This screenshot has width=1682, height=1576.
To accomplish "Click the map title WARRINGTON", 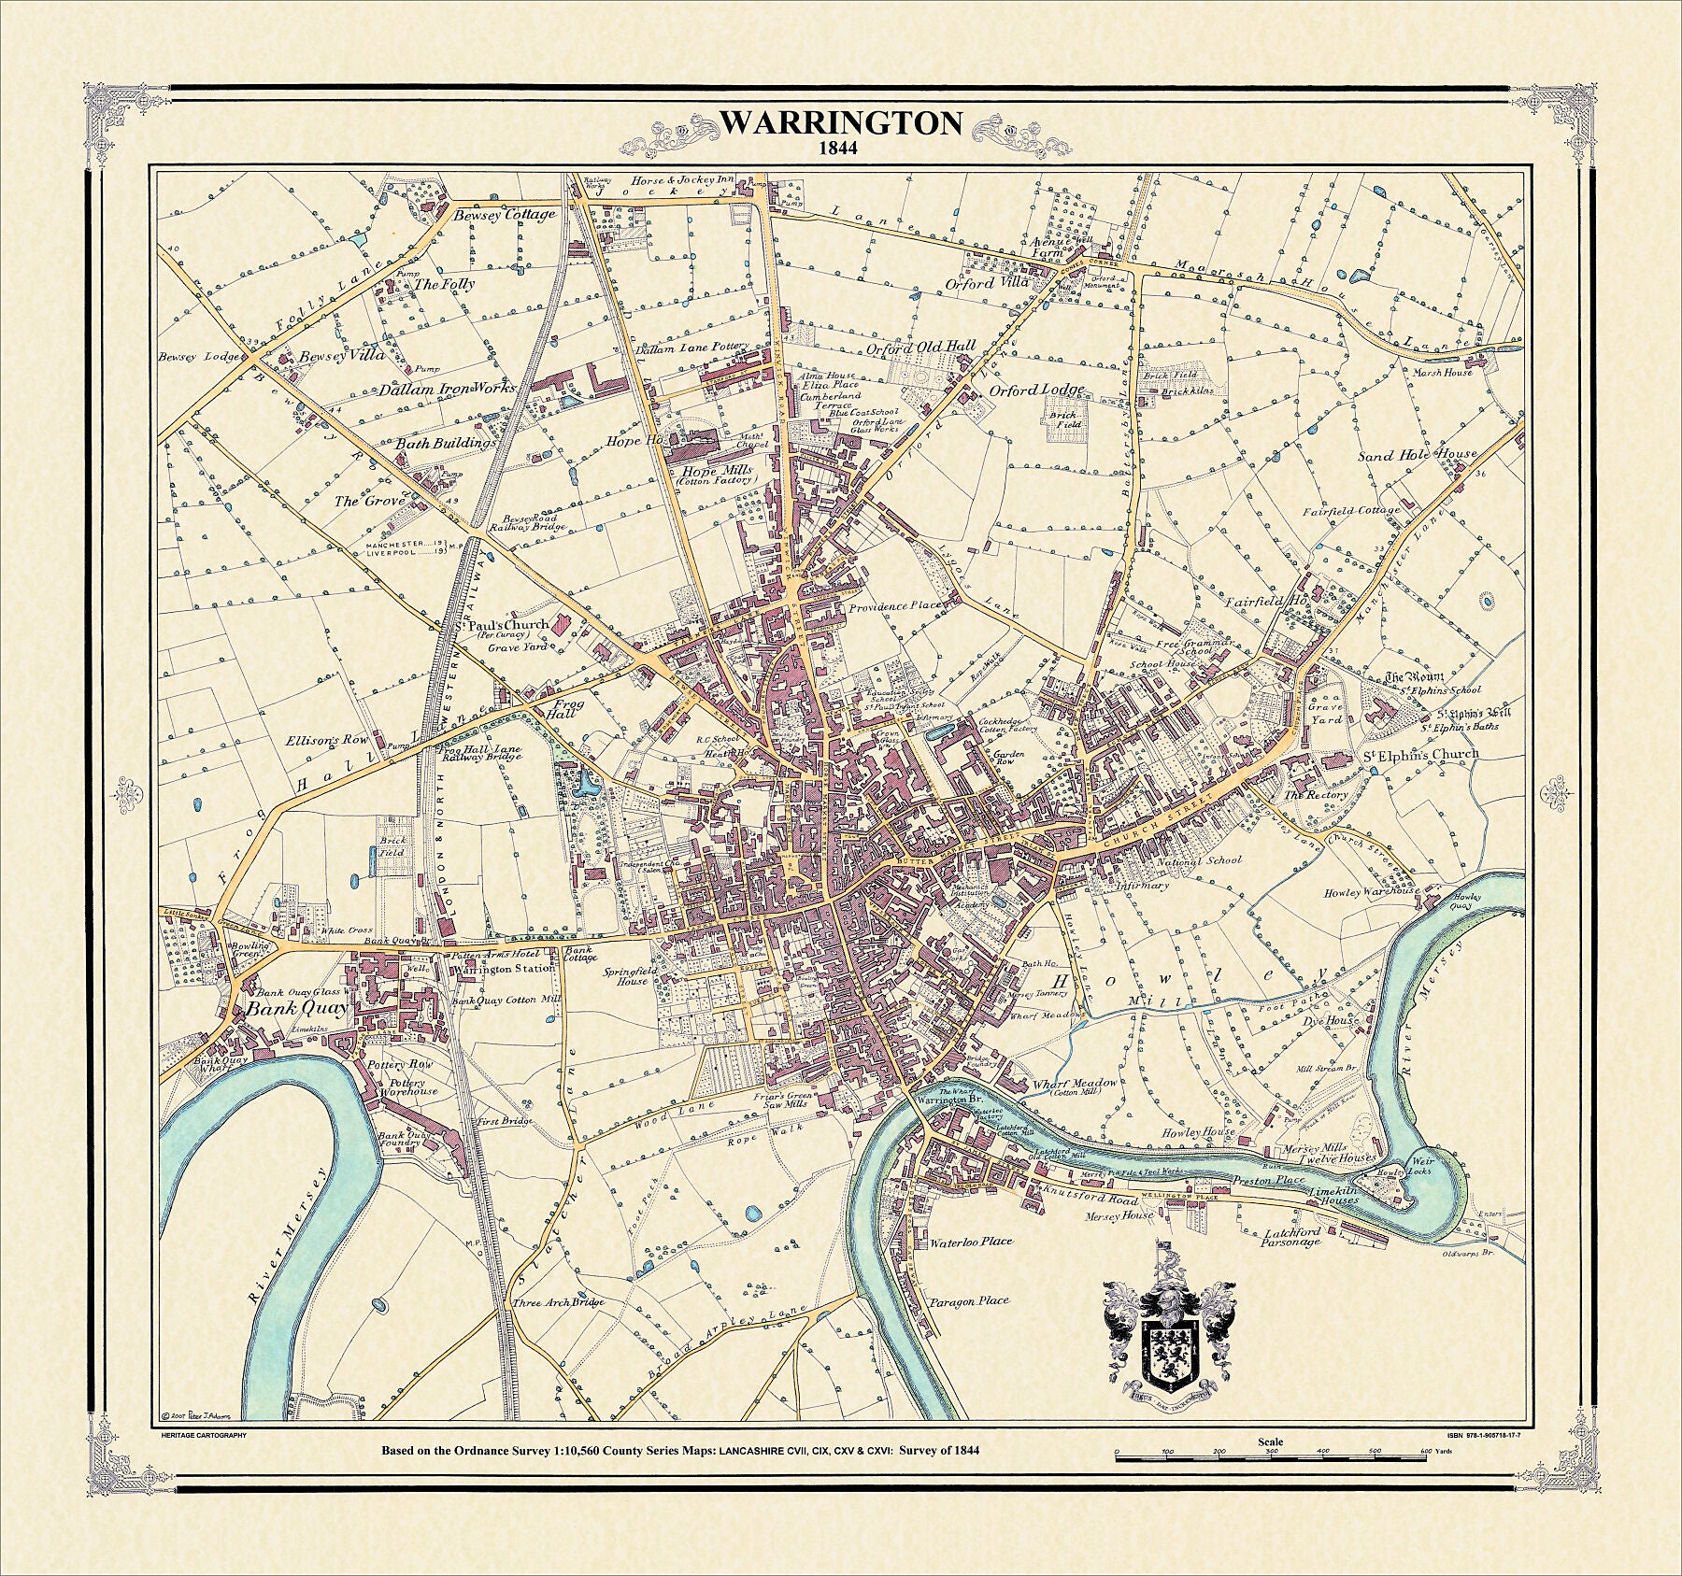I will click(x=841, y=124).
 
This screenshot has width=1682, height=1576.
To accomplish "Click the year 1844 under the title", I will click(x=841, y=148).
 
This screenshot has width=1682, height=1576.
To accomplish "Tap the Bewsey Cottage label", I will click(x=504, y=215).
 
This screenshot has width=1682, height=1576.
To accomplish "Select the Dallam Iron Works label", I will click(x=447, y=390).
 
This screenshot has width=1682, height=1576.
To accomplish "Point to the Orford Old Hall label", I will click(x=920, y=347).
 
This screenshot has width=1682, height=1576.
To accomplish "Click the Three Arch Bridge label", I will click(x=558, y=1302).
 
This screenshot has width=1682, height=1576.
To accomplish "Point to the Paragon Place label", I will click(x=968, y=1301).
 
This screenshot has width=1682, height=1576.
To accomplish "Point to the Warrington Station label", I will click(x=503, y=968).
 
